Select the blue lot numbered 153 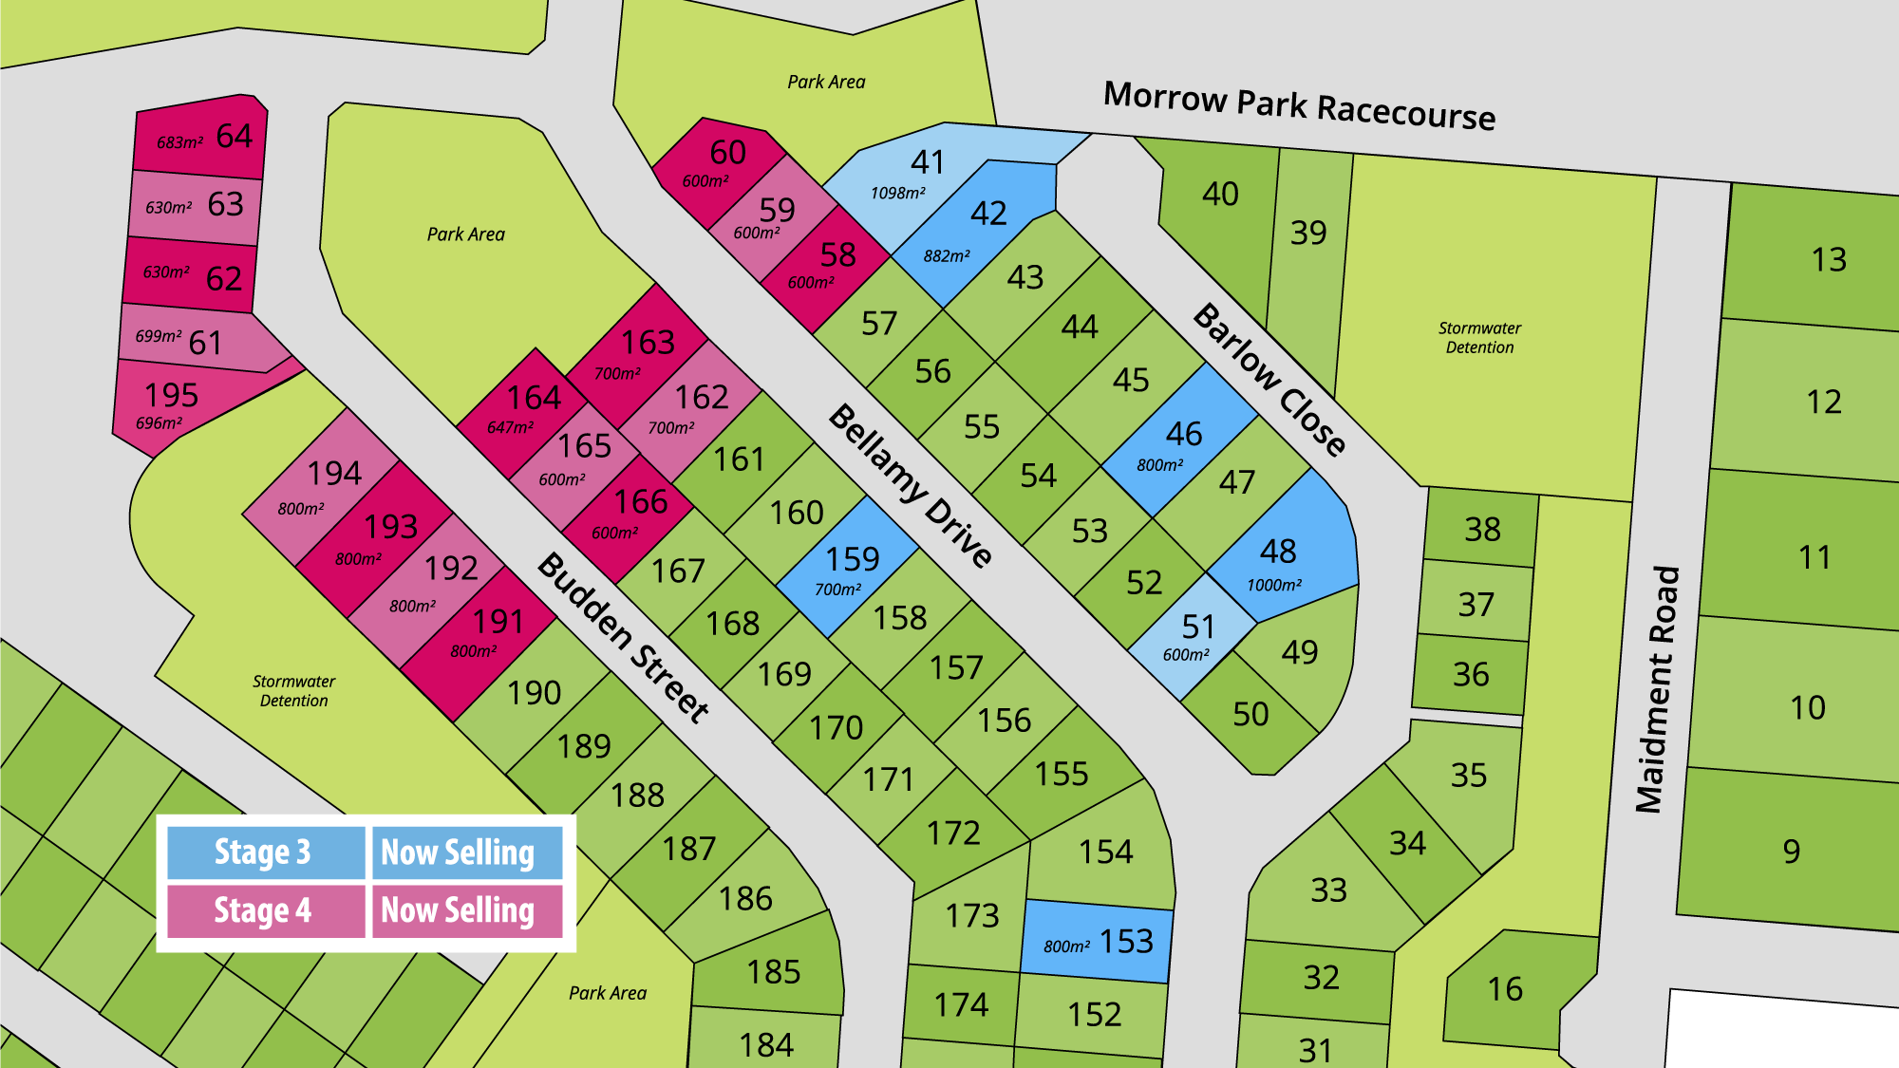pos(1098,941)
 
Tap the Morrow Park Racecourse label pos(1299,105)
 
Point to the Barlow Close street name pos(1269,380)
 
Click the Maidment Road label pos(1658,689)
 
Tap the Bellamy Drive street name pos(911,485)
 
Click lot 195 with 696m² pos(171,404)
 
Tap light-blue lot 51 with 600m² pos(1191,636)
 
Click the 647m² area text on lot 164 pos(510,427)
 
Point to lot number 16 pos(1505,989)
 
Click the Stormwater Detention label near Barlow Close pos(1479,337)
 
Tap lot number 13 pos(1828,259)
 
